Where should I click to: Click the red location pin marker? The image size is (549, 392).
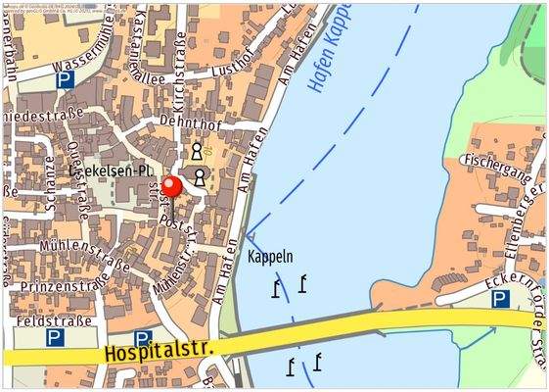172,186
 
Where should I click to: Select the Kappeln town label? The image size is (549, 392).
271,258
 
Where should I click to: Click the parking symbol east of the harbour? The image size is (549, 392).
500,299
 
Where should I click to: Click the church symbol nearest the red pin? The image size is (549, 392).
200,176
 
